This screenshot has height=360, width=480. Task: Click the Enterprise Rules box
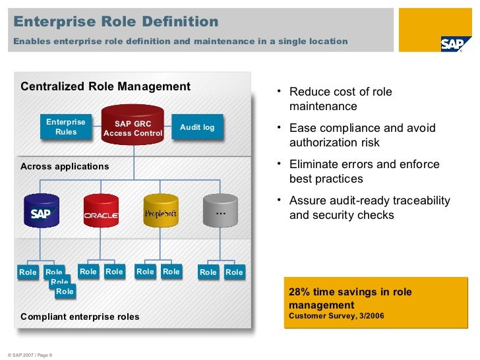point(66,127)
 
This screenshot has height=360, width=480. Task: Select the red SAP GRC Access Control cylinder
point(133,125)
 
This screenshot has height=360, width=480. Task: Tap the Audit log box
point(197,127)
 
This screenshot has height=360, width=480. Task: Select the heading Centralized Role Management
point(105,87)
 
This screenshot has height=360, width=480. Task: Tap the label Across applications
point(65,166)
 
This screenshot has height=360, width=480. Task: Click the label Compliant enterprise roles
point(80,316)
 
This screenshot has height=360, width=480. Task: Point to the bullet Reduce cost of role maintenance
point(340,99)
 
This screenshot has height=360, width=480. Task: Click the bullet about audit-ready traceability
point(369,208)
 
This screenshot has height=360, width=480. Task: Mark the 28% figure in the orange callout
point(300,292)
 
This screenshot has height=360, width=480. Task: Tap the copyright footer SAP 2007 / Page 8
point(30,356)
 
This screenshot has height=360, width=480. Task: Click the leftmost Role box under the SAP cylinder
point(28,272)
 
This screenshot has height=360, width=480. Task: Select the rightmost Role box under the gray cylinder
point(234,272)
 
